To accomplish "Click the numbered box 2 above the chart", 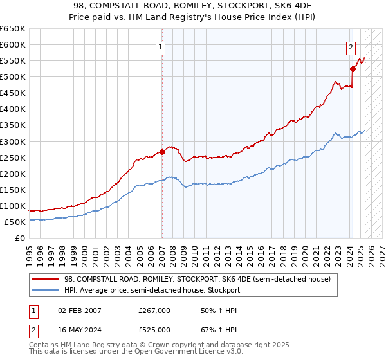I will coord(351,46).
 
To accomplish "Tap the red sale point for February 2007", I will coord(162,152).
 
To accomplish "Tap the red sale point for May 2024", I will coord(353,69).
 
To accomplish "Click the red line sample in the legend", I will coord(46,279).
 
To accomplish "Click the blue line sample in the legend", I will coord(46,290).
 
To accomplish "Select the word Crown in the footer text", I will coord(168,345).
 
